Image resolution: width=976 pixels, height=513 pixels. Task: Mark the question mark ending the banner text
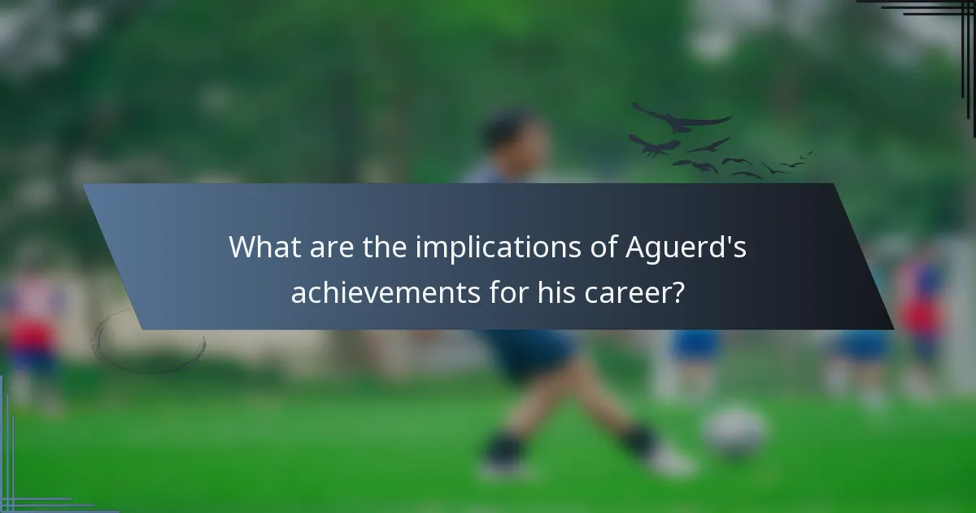(677, 291)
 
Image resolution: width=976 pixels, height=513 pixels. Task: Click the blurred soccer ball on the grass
(735, 432)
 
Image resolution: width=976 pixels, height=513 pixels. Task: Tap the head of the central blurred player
(508, 134)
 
